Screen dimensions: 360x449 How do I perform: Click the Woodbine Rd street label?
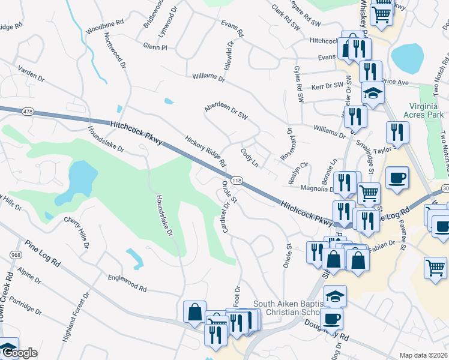click(x=104, y=29)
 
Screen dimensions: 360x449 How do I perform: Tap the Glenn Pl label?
click(x=155, y=46)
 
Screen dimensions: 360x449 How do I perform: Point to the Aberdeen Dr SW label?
click(x=226, y=107)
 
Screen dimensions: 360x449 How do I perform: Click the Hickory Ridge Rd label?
click(x=205, y=151)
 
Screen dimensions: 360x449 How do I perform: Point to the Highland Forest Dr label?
click(x=76, y=317)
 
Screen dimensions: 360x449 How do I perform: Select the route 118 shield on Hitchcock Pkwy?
click(x=237, y=181)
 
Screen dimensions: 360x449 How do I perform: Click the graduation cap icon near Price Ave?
click(x=373, y=94)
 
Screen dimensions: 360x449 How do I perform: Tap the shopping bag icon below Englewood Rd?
click(x=195, y=312)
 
